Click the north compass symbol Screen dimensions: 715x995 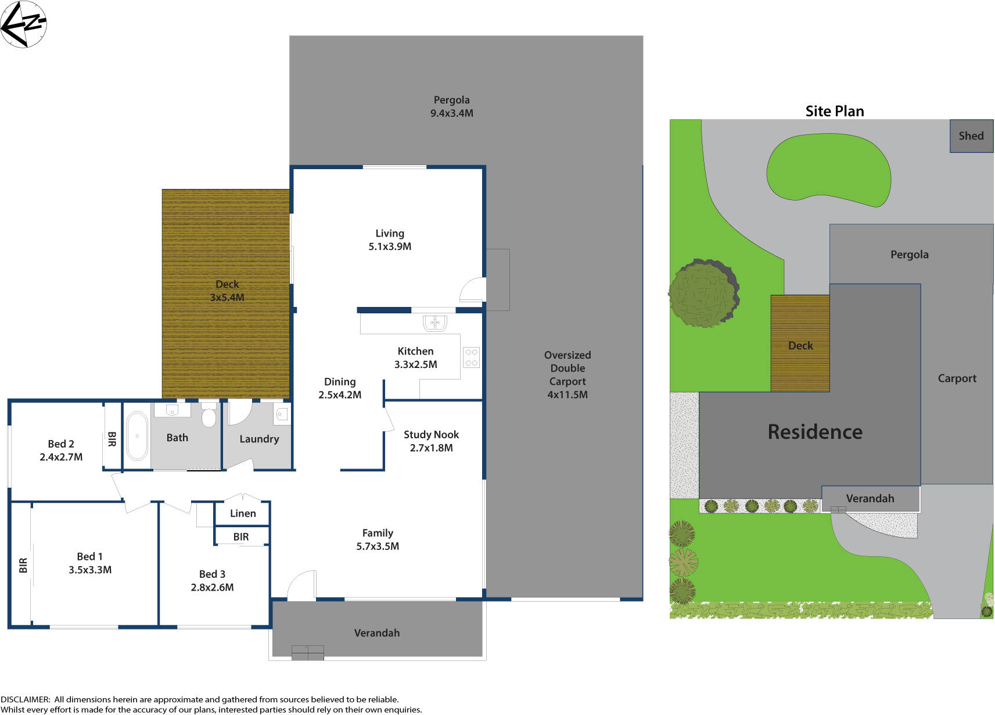(x=23, y=24)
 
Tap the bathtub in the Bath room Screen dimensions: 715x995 (x=137, y=435)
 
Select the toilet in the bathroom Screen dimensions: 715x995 (x=209, y=416)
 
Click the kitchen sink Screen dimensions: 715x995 (x=434, y=322)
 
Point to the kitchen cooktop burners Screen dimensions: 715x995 (x=471, y=357)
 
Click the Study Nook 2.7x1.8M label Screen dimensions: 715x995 (x=431, y=441)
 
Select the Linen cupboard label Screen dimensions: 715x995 (x=242, y=513)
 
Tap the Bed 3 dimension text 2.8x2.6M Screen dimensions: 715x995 (x=212, y=587)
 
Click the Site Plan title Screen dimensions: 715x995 (x=834, y=111)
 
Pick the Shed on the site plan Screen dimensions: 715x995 (x=971, y=136)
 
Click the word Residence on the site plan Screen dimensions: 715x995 (x=814, y=432)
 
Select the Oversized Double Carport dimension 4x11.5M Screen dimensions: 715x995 (x=567, y=395)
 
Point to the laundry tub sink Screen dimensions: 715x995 (x=282, y=414)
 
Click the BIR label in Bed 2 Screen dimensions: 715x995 (x=112, y=439)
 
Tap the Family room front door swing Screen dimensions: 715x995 (x=301, y=585)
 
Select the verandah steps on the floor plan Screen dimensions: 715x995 (x=307, y=653)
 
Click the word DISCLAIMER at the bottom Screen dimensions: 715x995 (x=25, y=699)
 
